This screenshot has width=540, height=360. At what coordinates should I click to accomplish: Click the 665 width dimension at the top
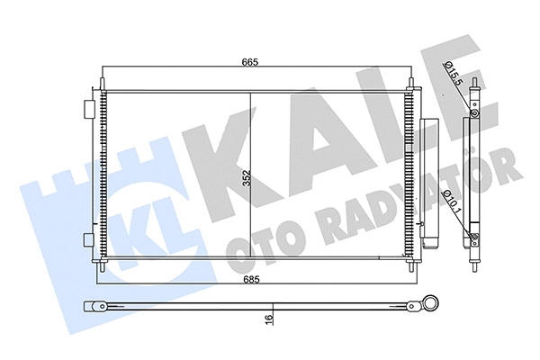250,61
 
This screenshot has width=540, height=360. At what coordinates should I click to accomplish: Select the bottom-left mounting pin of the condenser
103,266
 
